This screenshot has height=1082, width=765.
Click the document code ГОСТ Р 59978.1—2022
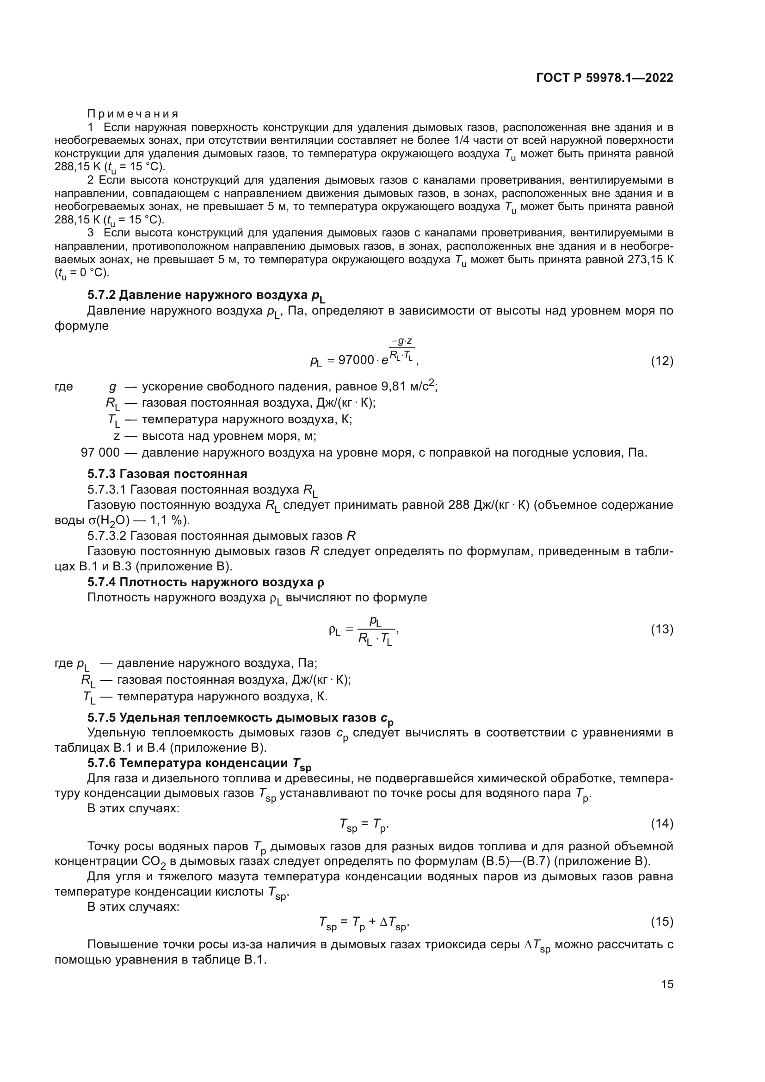click(x=605, y=78)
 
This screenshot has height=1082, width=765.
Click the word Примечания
click(x=133, y=114)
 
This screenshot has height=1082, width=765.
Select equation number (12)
click(x=662, y=361)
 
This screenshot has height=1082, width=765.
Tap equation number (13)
click(x=662, y=629)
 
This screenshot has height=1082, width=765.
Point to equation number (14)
click(x=662, y=823)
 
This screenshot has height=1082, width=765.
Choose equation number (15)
click(x=662, y=921)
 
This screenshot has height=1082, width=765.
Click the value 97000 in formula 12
click(x=356, y=360)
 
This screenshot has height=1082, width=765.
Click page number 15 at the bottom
click(x=667, y=984)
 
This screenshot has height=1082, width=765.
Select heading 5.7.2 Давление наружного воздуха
click(x=206, y=296)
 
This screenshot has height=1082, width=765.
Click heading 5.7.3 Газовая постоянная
click(x=167, y=474)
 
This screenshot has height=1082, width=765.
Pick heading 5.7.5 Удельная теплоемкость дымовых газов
click(x=240, y=718)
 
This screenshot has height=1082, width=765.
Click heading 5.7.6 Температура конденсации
click(x=199, y=763)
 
